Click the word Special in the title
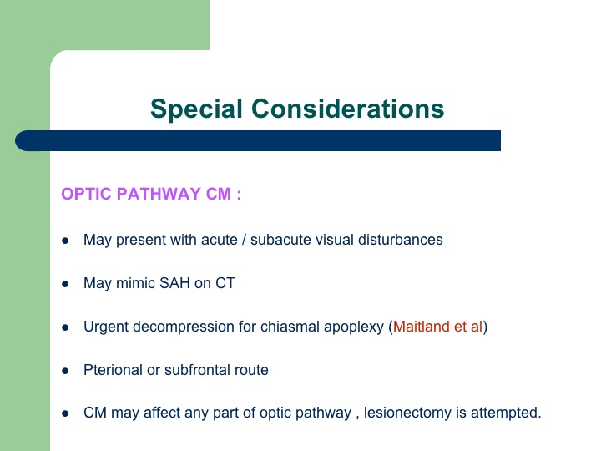(196, 109)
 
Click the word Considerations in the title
(347, 109)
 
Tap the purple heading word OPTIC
(86, 194)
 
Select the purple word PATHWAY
(159, 194)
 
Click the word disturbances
(400, 240)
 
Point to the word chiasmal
(290, 327)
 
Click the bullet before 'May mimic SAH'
(65, 284)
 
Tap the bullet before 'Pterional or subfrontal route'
(65, 371)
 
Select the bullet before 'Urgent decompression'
(65, 327)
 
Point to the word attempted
(506, 413)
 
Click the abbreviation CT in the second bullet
(225, 283)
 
